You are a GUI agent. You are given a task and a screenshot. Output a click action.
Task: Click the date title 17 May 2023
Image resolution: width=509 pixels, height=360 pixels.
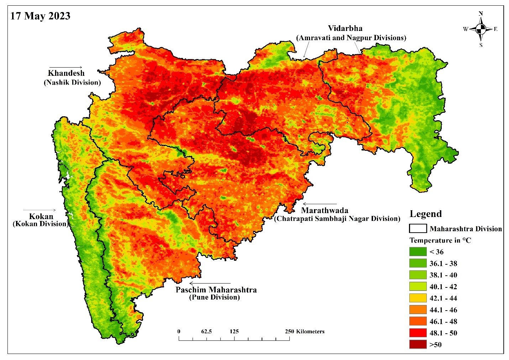coord(40,16)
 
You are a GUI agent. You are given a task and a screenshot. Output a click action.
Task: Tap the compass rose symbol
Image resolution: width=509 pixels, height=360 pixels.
coord(481,29)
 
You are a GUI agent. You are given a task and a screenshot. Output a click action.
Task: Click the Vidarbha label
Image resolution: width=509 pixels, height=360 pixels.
coord(345,28)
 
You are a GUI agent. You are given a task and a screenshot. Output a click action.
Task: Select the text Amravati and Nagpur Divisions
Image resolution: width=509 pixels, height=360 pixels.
coord(351,38)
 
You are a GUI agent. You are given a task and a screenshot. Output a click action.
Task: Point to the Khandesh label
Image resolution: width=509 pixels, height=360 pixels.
coord(66,73)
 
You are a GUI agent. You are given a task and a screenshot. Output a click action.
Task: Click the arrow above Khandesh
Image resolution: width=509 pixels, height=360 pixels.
coord(66,67)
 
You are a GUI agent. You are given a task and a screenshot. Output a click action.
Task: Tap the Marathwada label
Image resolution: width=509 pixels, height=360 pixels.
coord(325,211)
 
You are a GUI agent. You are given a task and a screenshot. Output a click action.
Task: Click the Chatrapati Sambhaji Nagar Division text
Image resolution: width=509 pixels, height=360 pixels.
coord(337,218)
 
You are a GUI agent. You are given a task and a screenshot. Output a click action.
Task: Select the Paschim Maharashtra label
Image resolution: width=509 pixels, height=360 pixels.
coord(216,290)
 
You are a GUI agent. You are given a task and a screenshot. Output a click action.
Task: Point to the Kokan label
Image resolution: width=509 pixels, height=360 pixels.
coord(41,216)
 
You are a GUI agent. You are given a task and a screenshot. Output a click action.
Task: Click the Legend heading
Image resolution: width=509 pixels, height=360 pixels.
coord(425,214)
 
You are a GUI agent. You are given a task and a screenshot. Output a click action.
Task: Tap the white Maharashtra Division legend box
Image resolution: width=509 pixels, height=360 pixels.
coord(418,228)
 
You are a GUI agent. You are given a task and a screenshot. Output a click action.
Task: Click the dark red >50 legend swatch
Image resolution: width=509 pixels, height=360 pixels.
coord(418,344)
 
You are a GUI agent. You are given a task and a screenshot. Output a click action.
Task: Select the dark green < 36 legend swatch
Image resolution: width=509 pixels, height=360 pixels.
coord(418,252)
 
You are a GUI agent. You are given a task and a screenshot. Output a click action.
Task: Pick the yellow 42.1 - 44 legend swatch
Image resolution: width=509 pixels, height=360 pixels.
coord(418,298)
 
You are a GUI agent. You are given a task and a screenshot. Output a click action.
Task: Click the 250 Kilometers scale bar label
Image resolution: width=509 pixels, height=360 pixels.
coord(305,332)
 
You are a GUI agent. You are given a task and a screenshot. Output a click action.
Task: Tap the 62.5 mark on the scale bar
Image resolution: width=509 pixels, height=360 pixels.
coord(206,332)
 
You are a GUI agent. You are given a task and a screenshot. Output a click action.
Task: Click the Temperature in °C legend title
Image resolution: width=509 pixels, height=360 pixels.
coord(440,240)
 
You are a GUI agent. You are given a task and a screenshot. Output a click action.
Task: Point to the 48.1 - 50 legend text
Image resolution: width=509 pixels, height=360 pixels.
coord(443,333)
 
